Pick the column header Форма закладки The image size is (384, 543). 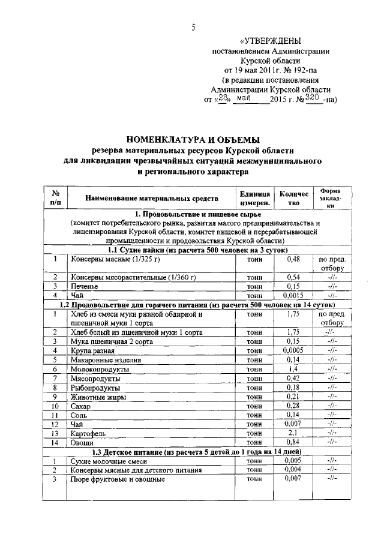click(x=330, y=197)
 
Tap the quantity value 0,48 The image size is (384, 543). click(x=292, y=259)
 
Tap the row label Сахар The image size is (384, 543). click(x=81, y=406)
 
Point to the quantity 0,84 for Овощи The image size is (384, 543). click(x=292, y=442)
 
